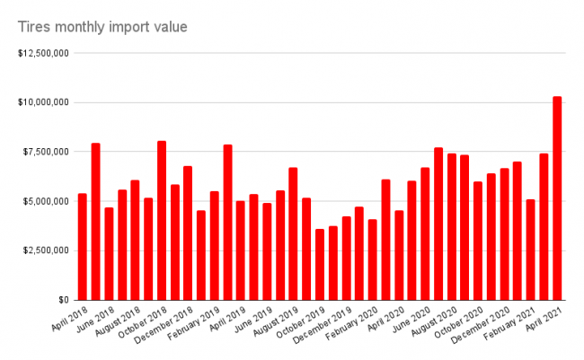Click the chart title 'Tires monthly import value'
pyautogui.click(x=102, y=27)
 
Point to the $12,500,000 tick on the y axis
pyautogui.click(x=43, y=53)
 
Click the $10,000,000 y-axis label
pyautogui.click(x=43, y=102)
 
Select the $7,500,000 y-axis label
pyautogui.click(x=46, y=152)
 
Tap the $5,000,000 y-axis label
pyautogui.click(x=46, y=201)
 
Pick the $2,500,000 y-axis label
pyautogui.click(x=46, y=250)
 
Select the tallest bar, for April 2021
pyautogui.click(x=557, y=198)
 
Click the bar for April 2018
pyautogui.click(x=83, y=246)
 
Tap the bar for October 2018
pyautogui.click(x=162, y=220)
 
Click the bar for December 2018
pyautogui.click(x=188, y=233)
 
